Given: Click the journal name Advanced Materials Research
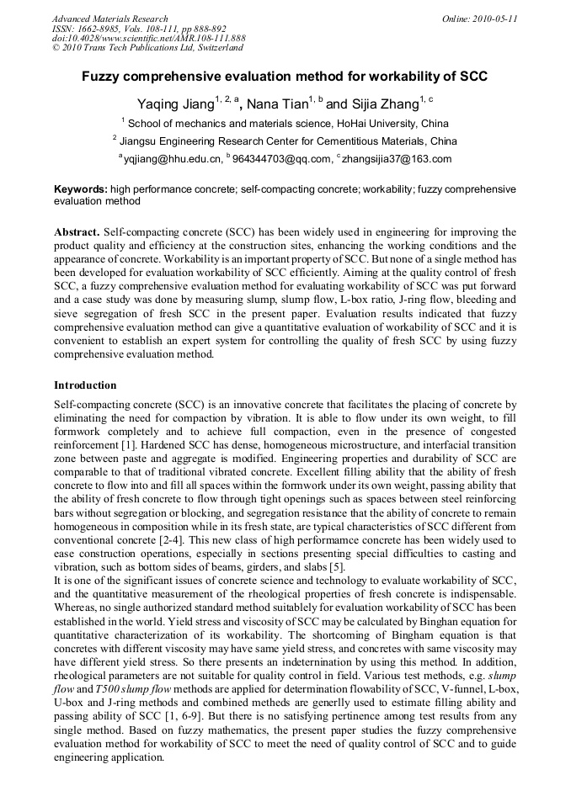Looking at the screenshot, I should pos(109,19).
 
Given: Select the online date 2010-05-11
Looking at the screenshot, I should pos(479,19).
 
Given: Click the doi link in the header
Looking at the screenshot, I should pos(148,39).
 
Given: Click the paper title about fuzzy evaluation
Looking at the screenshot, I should pos(285,76).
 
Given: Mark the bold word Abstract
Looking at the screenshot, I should pos(77,231).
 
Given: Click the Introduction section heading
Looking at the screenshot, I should pos(85,385).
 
